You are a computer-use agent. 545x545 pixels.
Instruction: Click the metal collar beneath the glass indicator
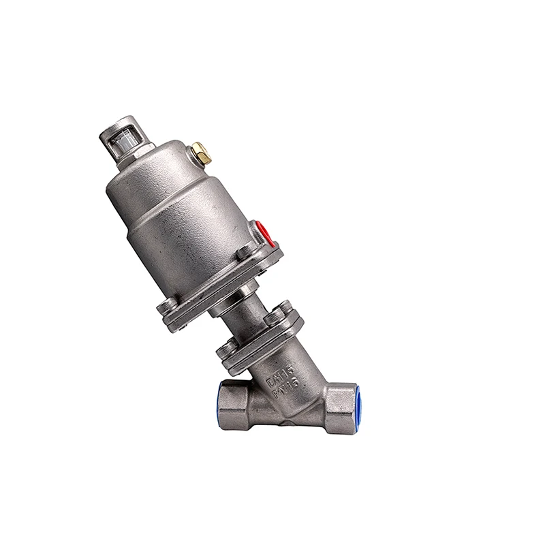point(129,153)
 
